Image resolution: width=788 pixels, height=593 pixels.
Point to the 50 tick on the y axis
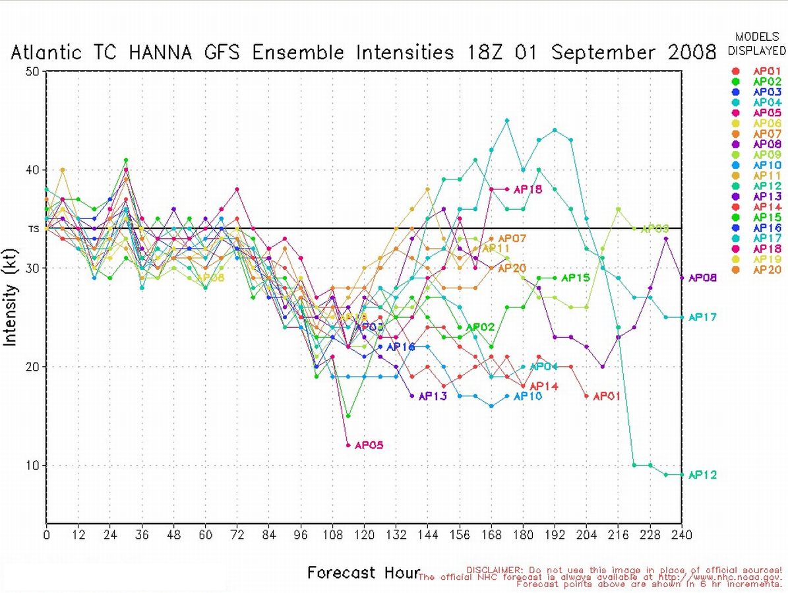click(32, 71)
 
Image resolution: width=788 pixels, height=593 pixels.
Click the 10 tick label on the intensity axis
click(32, 465)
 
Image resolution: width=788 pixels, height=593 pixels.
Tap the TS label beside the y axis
click(33, 229)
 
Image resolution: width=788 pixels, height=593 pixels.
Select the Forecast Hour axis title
click(363, 573)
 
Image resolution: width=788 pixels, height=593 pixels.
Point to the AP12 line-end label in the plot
click(702, 475)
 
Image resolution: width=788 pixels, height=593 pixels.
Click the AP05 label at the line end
click(369, 445)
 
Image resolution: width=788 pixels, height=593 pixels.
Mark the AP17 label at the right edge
click(702, 317)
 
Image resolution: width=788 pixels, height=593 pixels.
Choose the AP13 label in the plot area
click(433, 396)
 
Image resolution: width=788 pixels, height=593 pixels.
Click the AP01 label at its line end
click(607, 396)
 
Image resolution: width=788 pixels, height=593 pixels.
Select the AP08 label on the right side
click(702, 278)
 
